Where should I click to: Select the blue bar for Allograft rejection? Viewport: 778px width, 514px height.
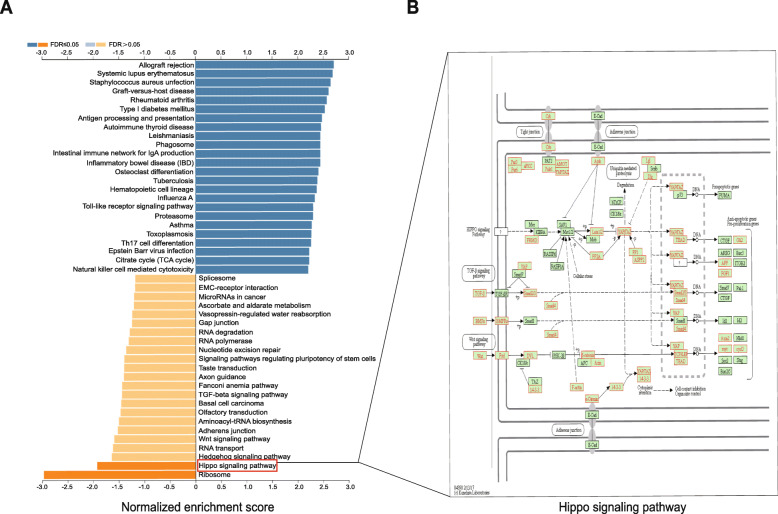tap(264, 66)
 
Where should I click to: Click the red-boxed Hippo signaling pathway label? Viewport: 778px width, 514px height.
tap(237, 465)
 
